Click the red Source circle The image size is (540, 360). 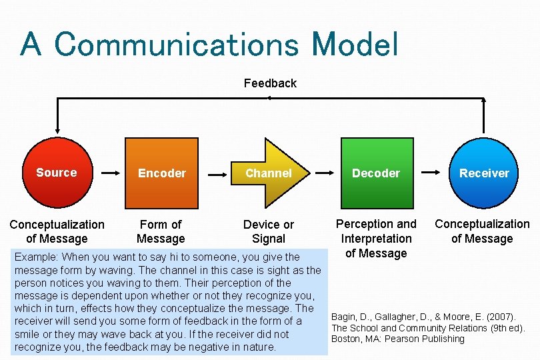(x=57, y=173)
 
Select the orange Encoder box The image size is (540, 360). (x=161, y=173)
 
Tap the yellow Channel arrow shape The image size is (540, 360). (x=268, y=173)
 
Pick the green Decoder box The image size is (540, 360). (x=376, y=173)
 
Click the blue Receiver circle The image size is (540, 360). (x=484, y=173)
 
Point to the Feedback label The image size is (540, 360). (x=270, y=83)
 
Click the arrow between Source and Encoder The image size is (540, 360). (x=109, y=173)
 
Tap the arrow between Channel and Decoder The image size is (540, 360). (x=323, y=173)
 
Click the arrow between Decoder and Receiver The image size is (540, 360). (x=429, y=173)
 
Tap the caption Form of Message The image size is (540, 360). (x=161, y=231)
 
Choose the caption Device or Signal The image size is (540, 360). (x=269, y=231)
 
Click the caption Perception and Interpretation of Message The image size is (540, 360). (x=376, y=238)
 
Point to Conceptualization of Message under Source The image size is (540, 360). (x=57, y=231)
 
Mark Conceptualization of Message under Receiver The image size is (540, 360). (x=482, y=231)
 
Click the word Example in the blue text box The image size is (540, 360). (x=35, y=257)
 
